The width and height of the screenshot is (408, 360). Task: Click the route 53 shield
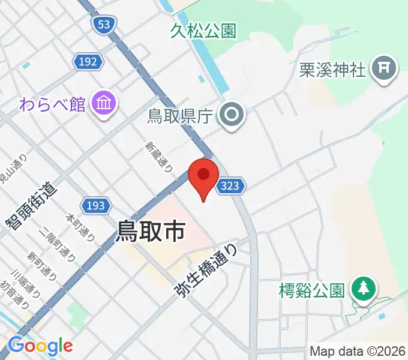[x=104, y=24]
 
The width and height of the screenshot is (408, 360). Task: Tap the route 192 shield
[x=89, y=61]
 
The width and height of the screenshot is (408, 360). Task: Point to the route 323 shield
[x=230, y=186]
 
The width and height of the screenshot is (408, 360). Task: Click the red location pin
[x=203, y=175]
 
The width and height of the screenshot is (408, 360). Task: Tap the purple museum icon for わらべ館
[x=104, y=104]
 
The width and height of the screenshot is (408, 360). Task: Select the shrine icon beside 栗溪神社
[x=383, y=70]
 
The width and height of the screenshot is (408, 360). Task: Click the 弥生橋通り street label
[x=207, y=272]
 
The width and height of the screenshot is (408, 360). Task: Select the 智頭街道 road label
[x=31, y=205]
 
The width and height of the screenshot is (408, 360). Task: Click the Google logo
[x=40, y=346]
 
